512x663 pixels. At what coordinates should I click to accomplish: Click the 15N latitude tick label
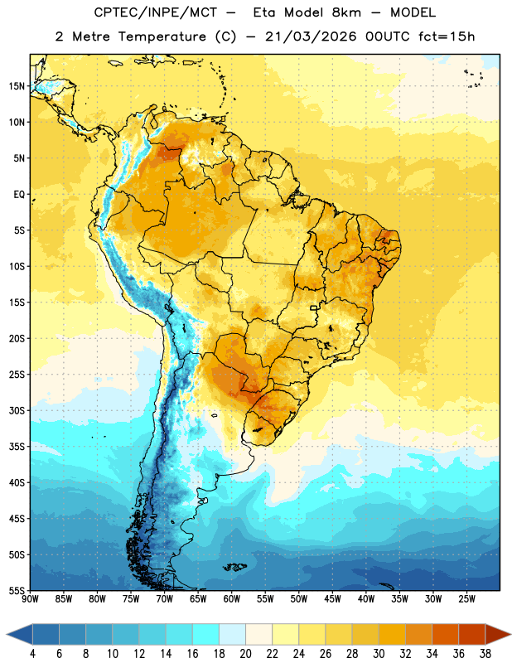point(17,86)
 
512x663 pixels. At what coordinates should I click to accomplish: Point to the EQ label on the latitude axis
point(19,195)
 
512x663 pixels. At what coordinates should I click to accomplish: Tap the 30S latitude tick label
point(17,410)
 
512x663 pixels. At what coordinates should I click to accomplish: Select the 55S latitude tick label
point(17,590)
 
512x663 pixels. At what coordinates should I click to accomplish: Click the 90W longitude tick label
point(30,599)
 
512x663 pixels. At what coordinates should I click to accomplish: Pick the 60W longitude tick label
point(232,599)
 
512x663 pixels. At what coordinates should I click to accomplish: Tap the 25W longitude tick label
point(466,599)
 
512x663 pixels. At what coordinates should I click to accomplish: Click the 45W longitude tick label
point(332,599)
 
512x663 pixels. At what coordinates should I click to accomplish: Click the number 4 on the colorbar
point(32,654)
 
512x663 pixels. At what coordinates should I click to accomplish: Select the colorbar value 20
point(245,654)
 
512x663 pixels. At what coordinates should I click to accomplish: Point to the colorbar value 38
point(485,654)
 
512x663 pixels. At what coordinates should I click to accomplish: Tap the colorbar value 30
point(379,654)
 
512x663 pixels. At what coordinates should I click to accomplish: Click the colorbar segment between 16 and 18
point(205,634)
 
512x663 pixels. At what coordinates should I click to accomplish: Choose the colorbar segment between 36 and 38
point(472,634)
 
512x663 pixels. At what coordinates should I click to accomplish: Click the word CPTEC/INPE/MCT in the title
point(155,12)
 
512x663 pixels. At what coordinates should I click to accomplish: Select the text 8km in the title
point(346,12)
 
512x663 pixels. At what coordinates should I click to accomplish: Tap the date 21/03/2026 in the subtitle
point(311,36)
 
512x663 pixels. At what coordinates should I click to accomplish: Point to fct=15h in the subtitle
point(447,36)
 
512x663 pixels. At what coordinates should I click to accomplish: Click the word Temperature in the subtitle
point(162,36)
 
